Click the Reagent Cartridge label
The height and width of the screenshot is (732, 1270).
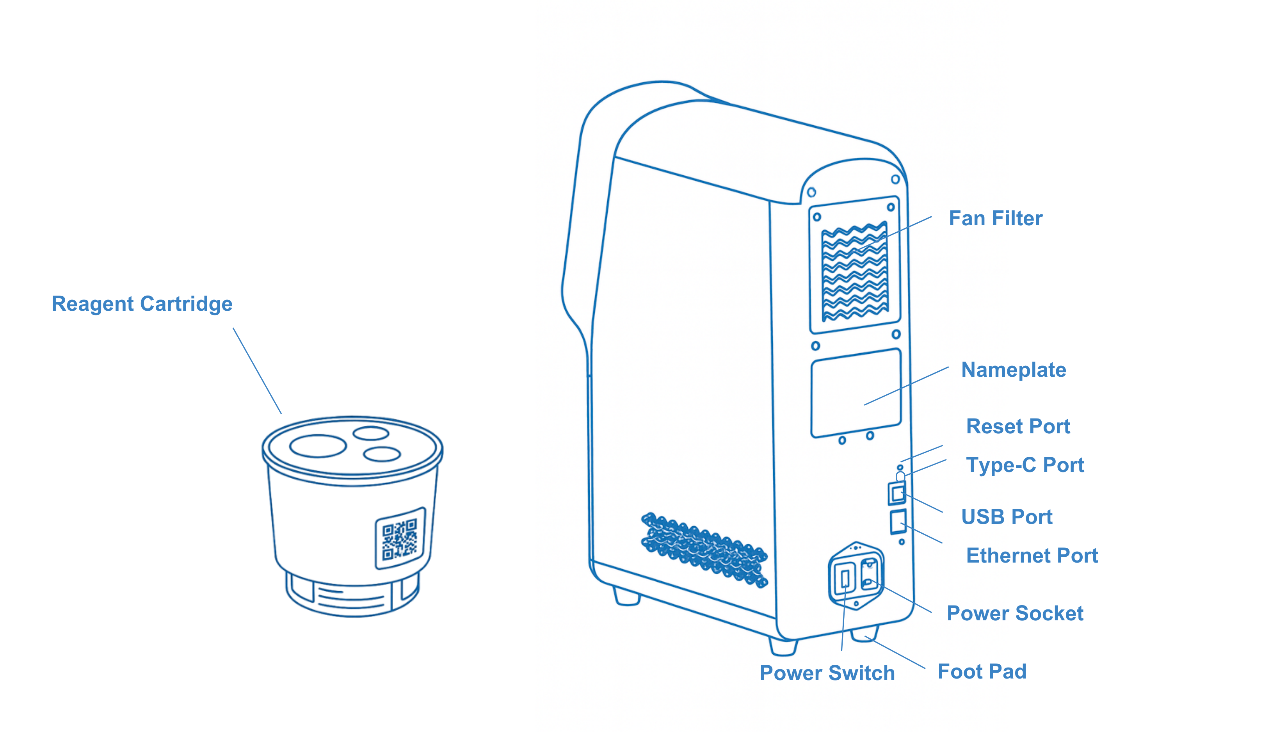[x=142, y=304]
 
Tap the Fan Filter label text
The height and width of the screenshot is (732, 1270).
[x=995, y=219]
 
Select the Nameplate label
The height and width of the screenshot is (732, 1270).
[x=1013, y=370]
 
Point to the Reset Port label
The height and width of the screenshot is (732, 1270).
[x=1018, y=426]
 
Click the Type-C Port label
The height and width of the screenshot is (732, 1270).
[x=1025, y=465]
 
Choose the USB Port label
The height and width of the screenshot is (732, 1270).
[x=1006, y=517]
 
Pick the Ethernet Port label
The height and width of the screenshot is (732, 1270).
[x=1032, y=556]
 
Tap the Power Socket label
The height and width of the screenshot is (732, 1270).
[x=1015, y=613]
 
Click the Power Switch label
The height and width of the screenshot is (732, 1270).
[x=827, y=673]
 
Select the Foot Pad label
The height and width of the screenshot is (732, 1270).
[x=982, y=671]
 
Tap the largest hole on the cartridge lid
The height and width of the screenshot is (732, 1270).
[x=318, y=446]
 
